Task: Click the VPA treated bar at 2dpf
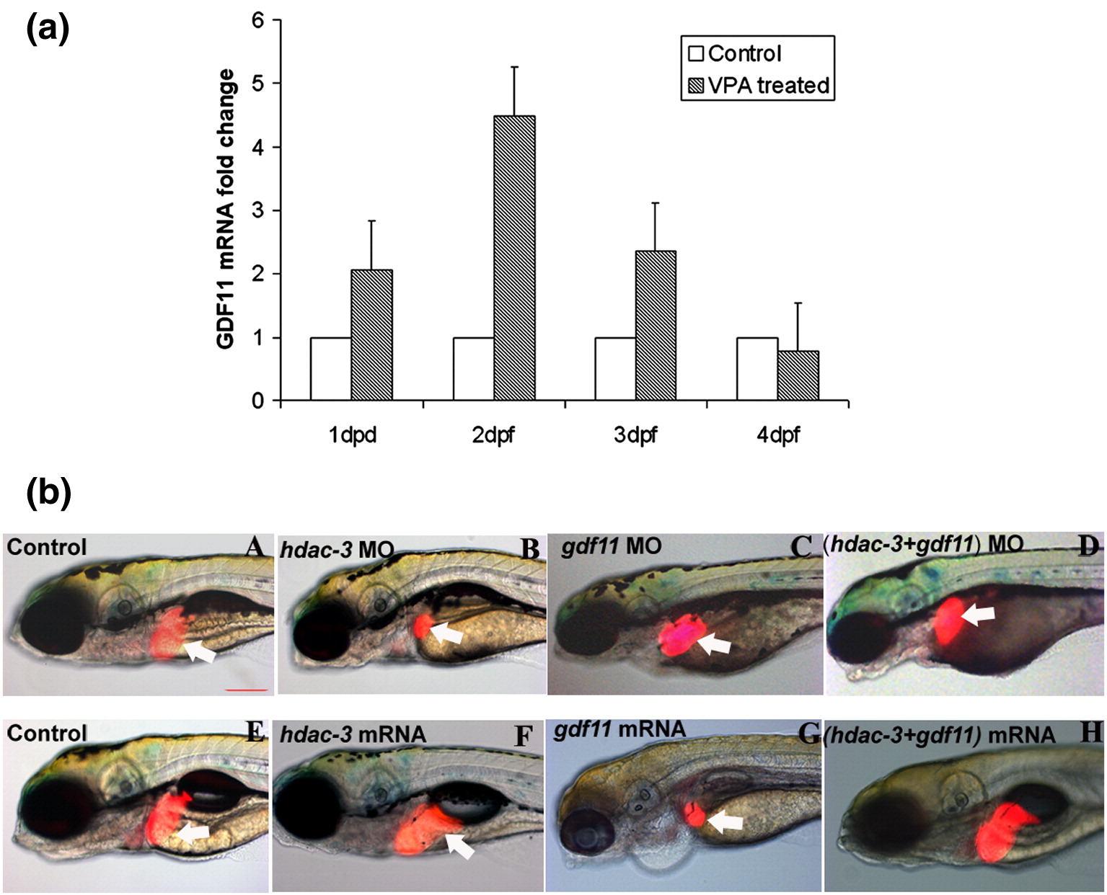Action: tap(514, 257)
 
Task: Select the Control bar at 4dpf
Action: tap(757, 368)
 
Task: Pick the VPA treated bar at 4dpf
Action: tap(798, 375)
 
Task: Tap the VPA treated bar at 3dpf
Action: tap(656, 325)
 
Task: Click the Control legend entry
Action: tap(736, 53)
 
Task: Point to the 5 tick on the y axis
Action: tap(257, 84)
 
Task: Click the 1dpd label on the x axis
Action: tap(353, 435)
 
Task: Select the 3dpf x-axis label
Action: tap(635, 435)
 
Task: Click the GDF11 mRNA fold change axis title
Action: tap(226, 209)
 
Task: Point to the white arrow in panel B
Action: tap(448, 633)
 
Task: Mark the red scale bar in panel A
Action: tap(246, 690)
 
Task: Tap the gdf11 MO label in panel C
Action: tap(612, 546)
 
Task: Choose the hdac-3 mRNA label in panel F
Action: tap(353, 734)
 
